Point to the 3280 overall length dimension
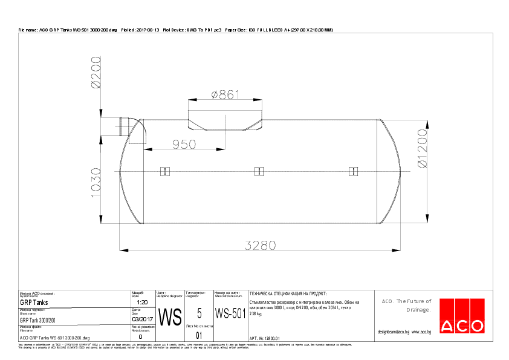pos(260,244)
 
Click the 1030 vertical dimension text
pos(96,188)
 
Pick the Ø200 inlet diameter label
pos(96,73)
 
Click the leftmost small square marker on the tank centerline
pos(164,171)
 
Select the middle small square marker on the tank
pos(259,171)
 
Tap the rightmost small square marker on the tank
pos(353,171)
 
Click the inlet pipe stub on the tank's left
pos(125,128)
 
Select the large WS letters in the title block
pos(170,316)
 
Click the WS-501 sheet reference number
pos(230,313)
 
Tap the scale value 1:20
pos(143,302)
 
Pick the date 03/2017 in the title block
pos(142,319)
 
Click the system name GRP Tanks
pos(34,303)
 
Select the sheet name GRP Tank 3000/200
pos(37,320)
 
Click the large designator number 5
pos(199,313)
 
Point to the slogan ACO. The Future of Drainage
pos(406,306)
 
